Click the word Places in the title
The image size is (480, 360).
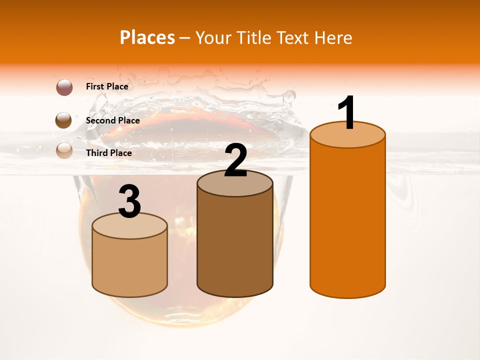147,37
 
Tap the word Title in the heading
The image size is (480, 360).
252,37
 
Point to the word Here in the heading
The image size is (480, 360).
334,37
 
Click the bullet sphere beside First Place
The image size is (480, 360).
64,87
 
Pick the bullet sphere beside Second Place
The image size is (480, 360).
64,120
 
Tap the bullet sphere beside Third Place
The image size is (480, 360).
64,150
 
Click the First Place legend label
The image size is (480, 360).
107,86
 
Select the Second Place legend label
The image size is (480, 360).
112,120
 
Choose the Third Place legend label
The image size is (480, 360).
108,153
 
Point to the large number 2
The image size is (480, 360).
235,160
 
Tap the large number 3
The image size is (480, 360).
129,201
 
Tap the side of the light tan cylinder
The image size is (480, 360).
129,265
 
